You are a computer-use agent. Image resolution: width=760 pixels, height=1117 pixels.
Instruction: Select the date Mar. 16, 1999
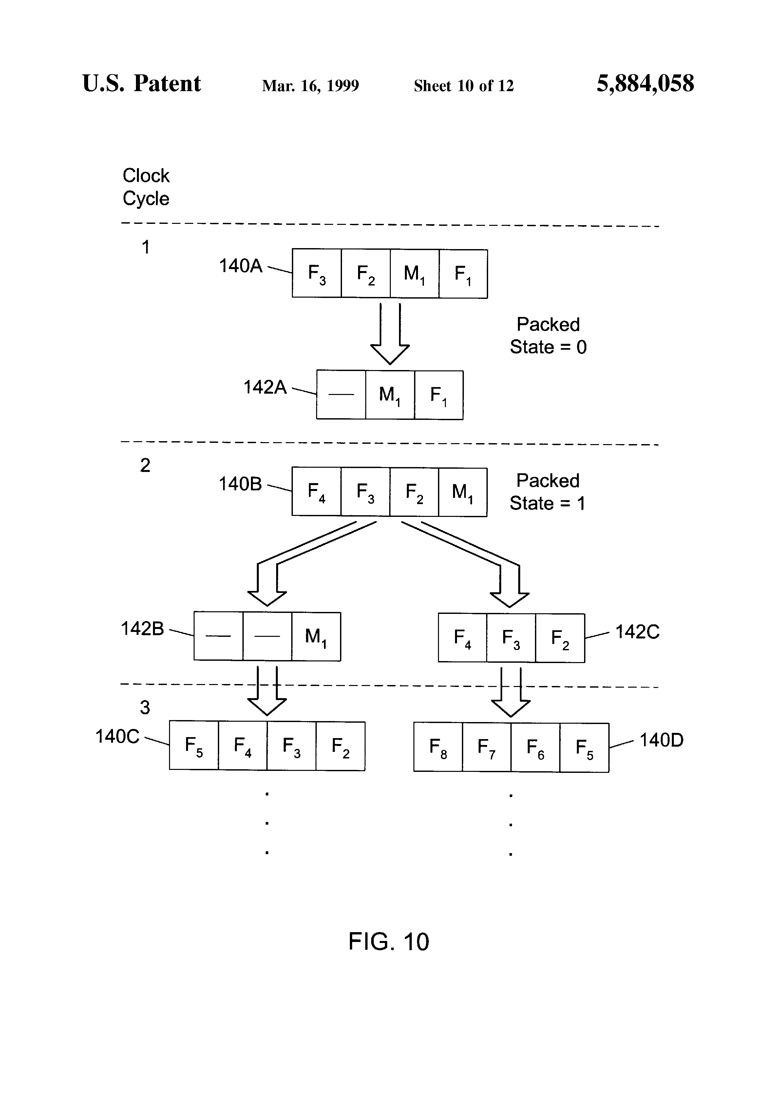310,86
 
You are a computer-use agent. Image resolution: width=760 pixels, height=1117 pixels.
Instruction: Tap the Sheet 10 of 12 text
464,86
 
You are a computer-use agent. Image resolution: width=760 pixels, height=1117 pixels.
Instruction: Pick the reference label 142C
637,632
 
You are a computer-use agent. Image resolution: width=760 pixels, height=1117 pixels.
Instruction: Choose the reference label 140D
661,740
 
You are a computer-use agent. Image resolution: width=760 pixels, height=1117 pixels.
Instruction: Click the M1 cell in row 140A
414,273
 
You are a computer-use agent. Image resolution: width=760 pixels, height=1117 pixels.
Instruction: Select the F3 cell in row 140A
316,273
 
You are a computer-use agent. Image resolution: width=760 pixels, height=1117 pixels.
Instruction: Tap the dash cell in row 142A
341,395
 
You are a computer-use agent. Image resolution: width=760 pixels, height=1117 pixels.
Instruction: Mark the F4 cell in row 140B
316,492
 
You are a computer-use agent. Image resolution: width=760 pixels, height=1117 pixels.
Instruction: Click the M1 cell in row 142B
315,637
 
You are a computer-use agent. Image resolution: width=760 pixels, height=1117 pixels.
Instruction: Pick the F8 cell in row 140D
438,747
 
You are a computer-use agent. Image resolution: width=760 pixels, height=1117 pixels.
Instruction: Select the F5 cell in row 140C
194,746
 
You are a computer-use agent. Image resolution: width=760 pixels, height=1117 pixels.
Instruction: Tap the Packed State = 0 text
548,336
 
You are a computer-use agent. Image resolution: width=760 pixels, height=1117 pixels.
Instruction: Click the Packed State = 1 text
547,492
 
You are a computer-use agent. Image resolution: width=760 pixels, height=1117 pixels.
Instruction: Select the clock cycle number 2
145,465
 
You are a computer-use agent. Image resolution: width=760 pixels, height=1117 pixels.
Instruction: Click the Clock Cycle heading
146,187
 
